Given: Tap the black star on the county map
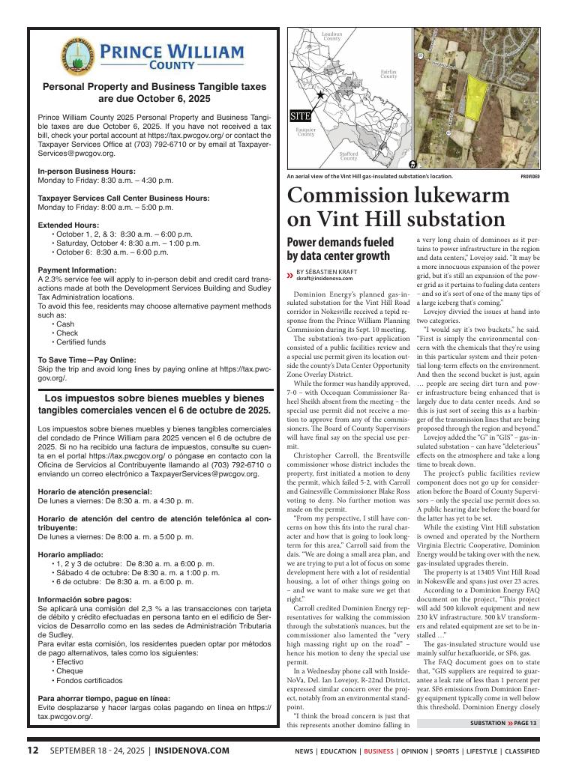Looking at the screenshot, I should pyautogui.click(x=321, y=95).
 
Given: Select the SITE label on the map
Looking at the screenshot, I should pyautogui.click(x=301, y=117).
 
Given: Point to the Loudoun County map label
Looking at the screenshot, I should pyautogui.click(x=332, y=36).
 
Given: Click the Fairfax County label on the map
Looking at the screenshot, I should pyautogui.click(x=388, y=73).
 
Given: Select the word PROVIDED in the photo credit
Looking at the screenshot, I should pyautogui.click(x=529, y=177).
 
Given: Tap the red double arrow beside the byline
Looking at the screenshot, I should pyautogui.click(x=290, y=274).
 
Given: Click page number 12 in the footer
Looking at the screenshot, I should pyautogui.click(x=33, y=750).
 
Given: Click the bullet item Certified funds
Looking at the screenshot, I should pyautogui.click(x=85, y=342).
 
